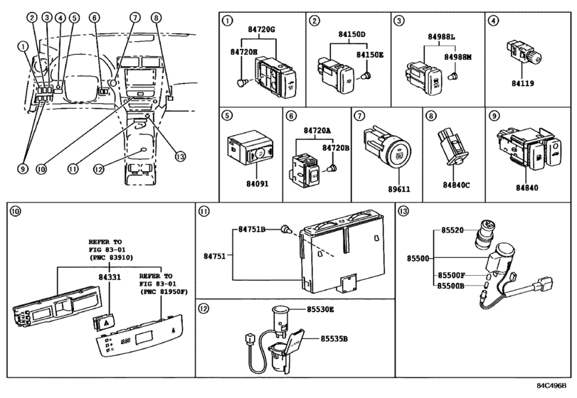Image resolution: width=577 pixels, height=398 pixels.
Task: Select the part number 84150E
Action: tap(371, 54)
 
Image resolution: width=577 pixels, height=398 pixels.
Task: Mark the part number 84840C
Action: tap(454, 185)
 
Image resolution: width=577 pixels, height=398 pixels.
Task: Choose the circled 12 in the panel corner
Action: tap(204, 308)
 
